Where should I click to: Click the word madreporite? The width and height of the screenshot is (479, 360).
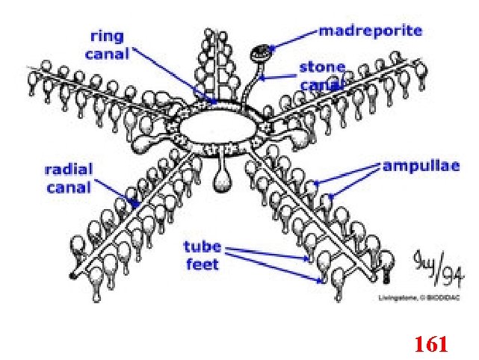pos(371,31)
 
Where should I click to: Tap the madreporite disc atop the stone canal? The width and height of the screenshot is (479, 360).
pos(262,52)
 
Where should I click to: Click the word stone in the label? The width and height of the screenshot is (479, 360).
pos(322,67)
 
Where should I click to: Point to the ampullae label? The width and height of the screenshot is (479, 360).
pos(420,165)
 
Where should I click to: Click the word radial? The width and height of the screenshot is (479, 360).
pos(69,170)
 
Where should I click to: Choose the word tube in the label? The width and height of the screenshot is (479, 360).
pos(202,247)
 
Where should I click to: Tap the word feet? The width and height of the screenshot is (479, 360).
pos(202,264)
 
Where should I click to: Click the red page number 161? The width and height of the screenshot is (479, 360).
pos(430,344)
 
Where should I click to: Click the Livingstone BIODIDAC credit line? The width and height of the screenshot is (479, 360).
pos(410,298)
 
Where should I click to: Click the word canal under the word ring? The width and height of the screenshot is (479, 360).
pos(108,53)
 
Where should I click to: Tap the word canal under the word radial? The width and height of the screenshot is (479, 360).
pos(69,187)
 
